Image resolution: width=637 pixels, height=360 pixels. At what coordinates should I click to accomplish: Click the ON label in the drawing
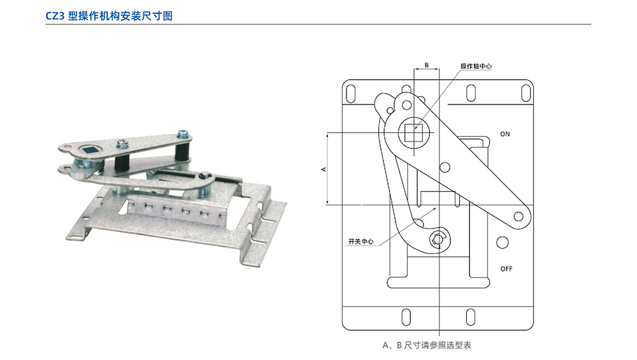(505, 134)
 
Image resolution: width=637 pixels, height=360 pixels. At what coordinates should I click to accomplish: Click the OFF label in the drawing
(506, 269)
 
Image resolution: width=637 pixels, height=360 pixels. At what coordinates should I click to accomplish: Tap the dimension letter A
(324, 169)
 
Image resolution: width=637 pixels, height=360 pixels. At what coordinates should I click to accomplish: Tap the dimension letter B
(427, 65)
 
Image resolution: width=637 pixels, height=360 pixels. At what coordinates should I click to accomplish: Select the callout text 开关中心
(361, 242)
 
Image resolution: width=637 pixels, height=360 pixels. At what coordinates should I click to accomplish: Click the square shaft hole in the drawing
(416, 133)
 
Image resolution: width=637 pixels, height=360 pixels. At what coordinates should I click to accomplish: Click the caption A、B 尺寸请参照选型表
(426, 345)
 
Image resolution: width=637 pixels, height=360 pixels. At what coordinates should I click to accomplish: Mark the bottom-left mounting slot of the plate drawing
(404, 317)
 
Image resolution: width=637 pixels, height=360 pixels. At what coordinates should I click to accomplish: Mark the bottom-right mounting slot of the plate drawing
(470, 317)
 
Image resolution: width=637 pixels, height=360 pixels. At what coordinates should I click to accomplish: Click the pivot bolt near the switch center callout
(437, 239)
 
